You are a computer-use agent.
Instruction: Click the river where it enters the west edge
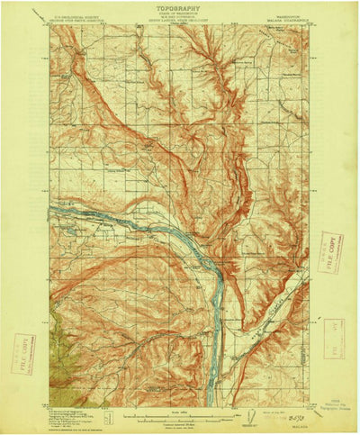click(53, 209)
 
